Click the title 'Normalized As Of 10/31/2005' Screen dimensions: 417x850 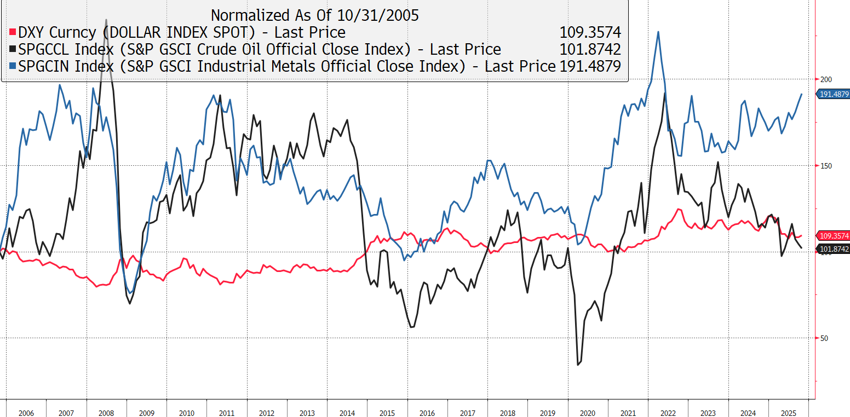314,15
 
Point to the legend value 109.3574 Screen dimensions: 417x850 590,32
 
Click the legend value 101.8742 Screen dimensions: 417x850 590,49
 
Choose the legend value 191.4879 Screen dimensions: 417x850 590,66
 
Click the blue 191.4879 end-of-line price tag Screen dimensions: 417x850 834,94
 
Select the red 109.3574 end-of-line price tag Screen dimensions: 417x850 834,236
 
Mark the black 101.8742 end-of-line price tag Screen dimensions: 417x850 834,249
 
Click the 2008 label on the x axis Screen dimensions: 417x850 106,413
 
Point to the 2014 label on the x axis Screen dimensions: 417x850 347,413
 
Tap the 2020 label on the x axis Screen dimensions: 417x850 587,413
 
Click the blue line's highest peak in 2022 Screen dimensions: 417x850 658,32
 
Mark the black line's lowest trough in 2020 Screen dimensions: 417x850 578,364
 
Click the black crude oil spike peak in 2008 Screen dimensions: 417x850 106,20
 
